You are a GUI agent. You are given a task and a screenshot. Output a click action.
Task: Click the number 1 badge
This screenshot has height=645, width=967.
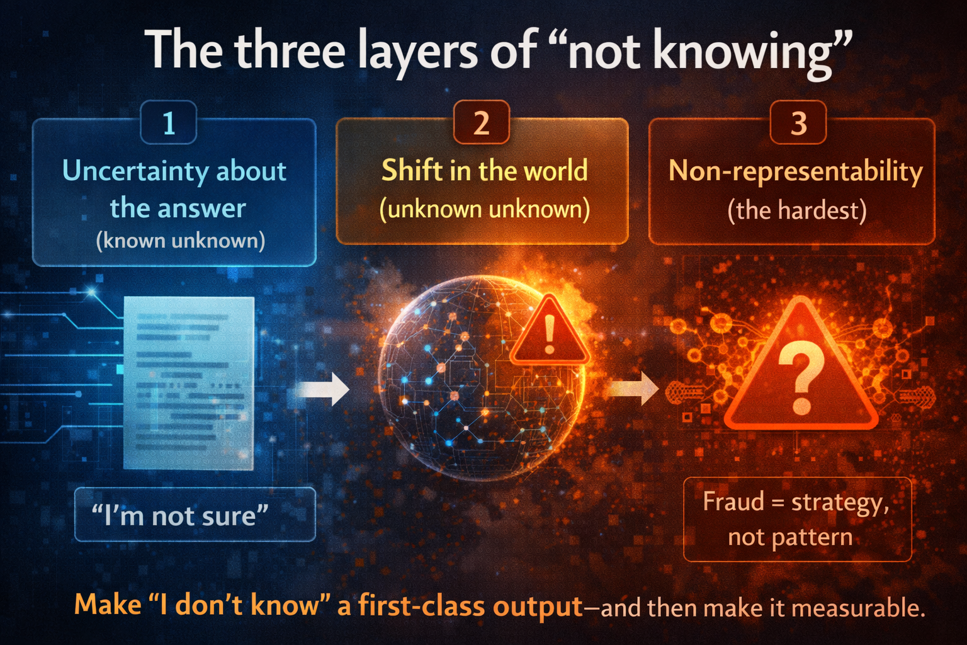tap(169, 123)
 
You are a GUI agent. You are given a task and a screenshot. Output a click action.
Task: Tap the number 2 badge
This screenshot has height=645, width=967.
tap(481, 123)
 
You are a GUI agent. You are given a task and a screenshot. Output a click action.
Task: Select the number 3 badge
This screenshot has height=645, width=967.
tap(798, 123)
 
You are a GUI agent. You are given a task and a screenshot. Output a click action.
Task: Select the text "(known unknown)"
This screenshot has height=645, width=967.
tap(180, 241)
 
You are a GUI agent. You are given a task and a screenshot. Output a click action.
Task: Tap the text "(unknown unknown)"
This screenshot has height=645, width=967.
tap(484, 209)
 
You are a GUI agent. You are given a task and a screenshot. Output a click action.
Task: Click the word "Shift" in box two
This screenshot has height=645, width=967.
tap(412, 171)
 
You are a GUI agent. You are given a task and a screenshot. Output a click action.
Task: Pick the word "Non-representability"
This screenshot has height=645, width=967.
tap(795, 171)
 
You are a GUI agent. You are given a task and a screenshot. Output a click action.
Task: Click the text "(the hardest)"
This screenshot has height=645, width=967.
tap(796, 210)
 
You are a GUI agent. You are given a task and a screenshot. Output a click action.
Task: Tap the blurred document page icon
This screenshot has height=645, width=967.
tap(189, 383)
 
